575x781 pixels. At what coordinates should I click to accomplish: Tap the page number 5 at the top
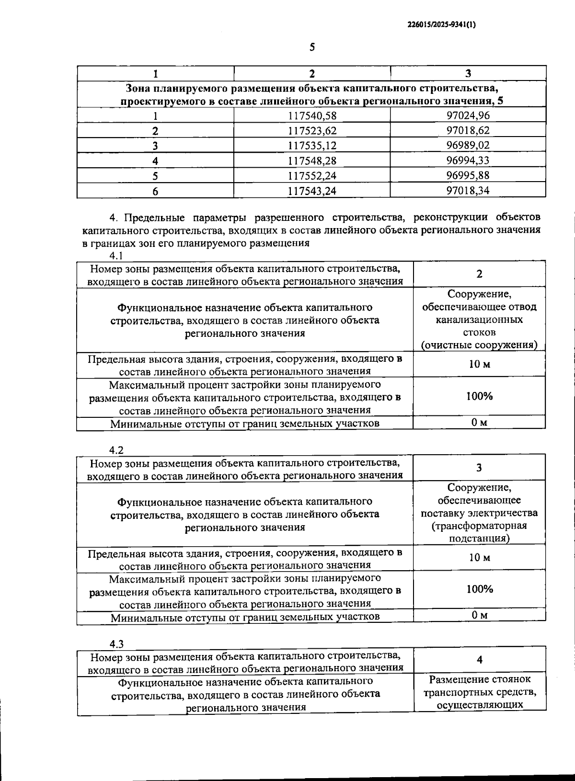pyautogui.click(x=312, y=47)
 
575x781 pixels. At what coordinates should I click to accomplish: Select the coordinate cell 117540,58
pyautogui.click(x=312, y=115)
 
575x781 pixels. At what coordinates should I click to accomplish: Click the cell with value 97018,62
pyautogui.click(x=468, y=130)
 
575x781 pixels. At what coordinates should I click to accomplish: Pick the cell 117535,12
pyautogui.click(x=312, y=145)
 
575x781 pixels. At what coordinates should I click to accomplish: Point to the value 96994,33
pyautogui.click(x=468, y=160)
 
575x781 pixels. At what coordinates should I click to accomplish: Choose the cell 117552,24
pyautogui.click(x=312, y=175)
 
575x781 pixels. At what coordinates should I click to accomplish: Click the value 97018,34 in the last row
pyautogui.click(x=468, y=190)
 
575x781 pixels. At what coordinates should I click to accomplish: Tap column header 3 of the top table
pyautogui.click(x=468, y=73)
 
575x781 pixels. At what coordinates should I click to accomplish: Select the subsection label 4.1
pyautogui.click(x=116, y=255)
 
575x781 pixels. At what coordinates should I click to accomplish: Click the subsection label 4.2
pyautogui.click(x=116, y=450)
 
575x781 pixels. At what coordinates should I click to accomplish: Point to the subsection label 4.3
pyautogui.click(x=116, y=643)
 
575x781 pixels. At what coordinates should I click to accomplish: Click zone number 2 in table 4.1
pyautogui.click(x=479, y=274)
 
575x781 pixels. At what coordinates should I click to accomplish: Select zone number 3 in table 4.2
pyautogui.click(x=479, y=468)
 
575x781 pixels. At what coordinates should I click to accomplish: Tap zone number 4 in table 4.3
pyautogui.click(x=479, y=660)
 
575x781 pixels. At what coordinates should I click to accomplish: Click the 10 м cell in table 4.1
pyautogui.click(x=479, y=364)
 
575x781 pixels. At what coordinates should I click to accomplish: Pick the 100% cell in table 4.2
pyautogui.click(x=479, y=589)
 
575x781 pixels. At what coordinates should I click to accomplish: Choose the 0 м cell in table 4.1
pyautogui.click(x=479, y=423)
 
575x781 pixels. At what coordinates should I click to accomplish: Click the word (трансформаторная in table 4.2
pyautogui.click(x=479, y=526)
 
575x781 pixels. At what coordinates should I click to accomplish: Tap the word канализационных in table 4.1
pyautogui.click(x=479, y=319)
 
